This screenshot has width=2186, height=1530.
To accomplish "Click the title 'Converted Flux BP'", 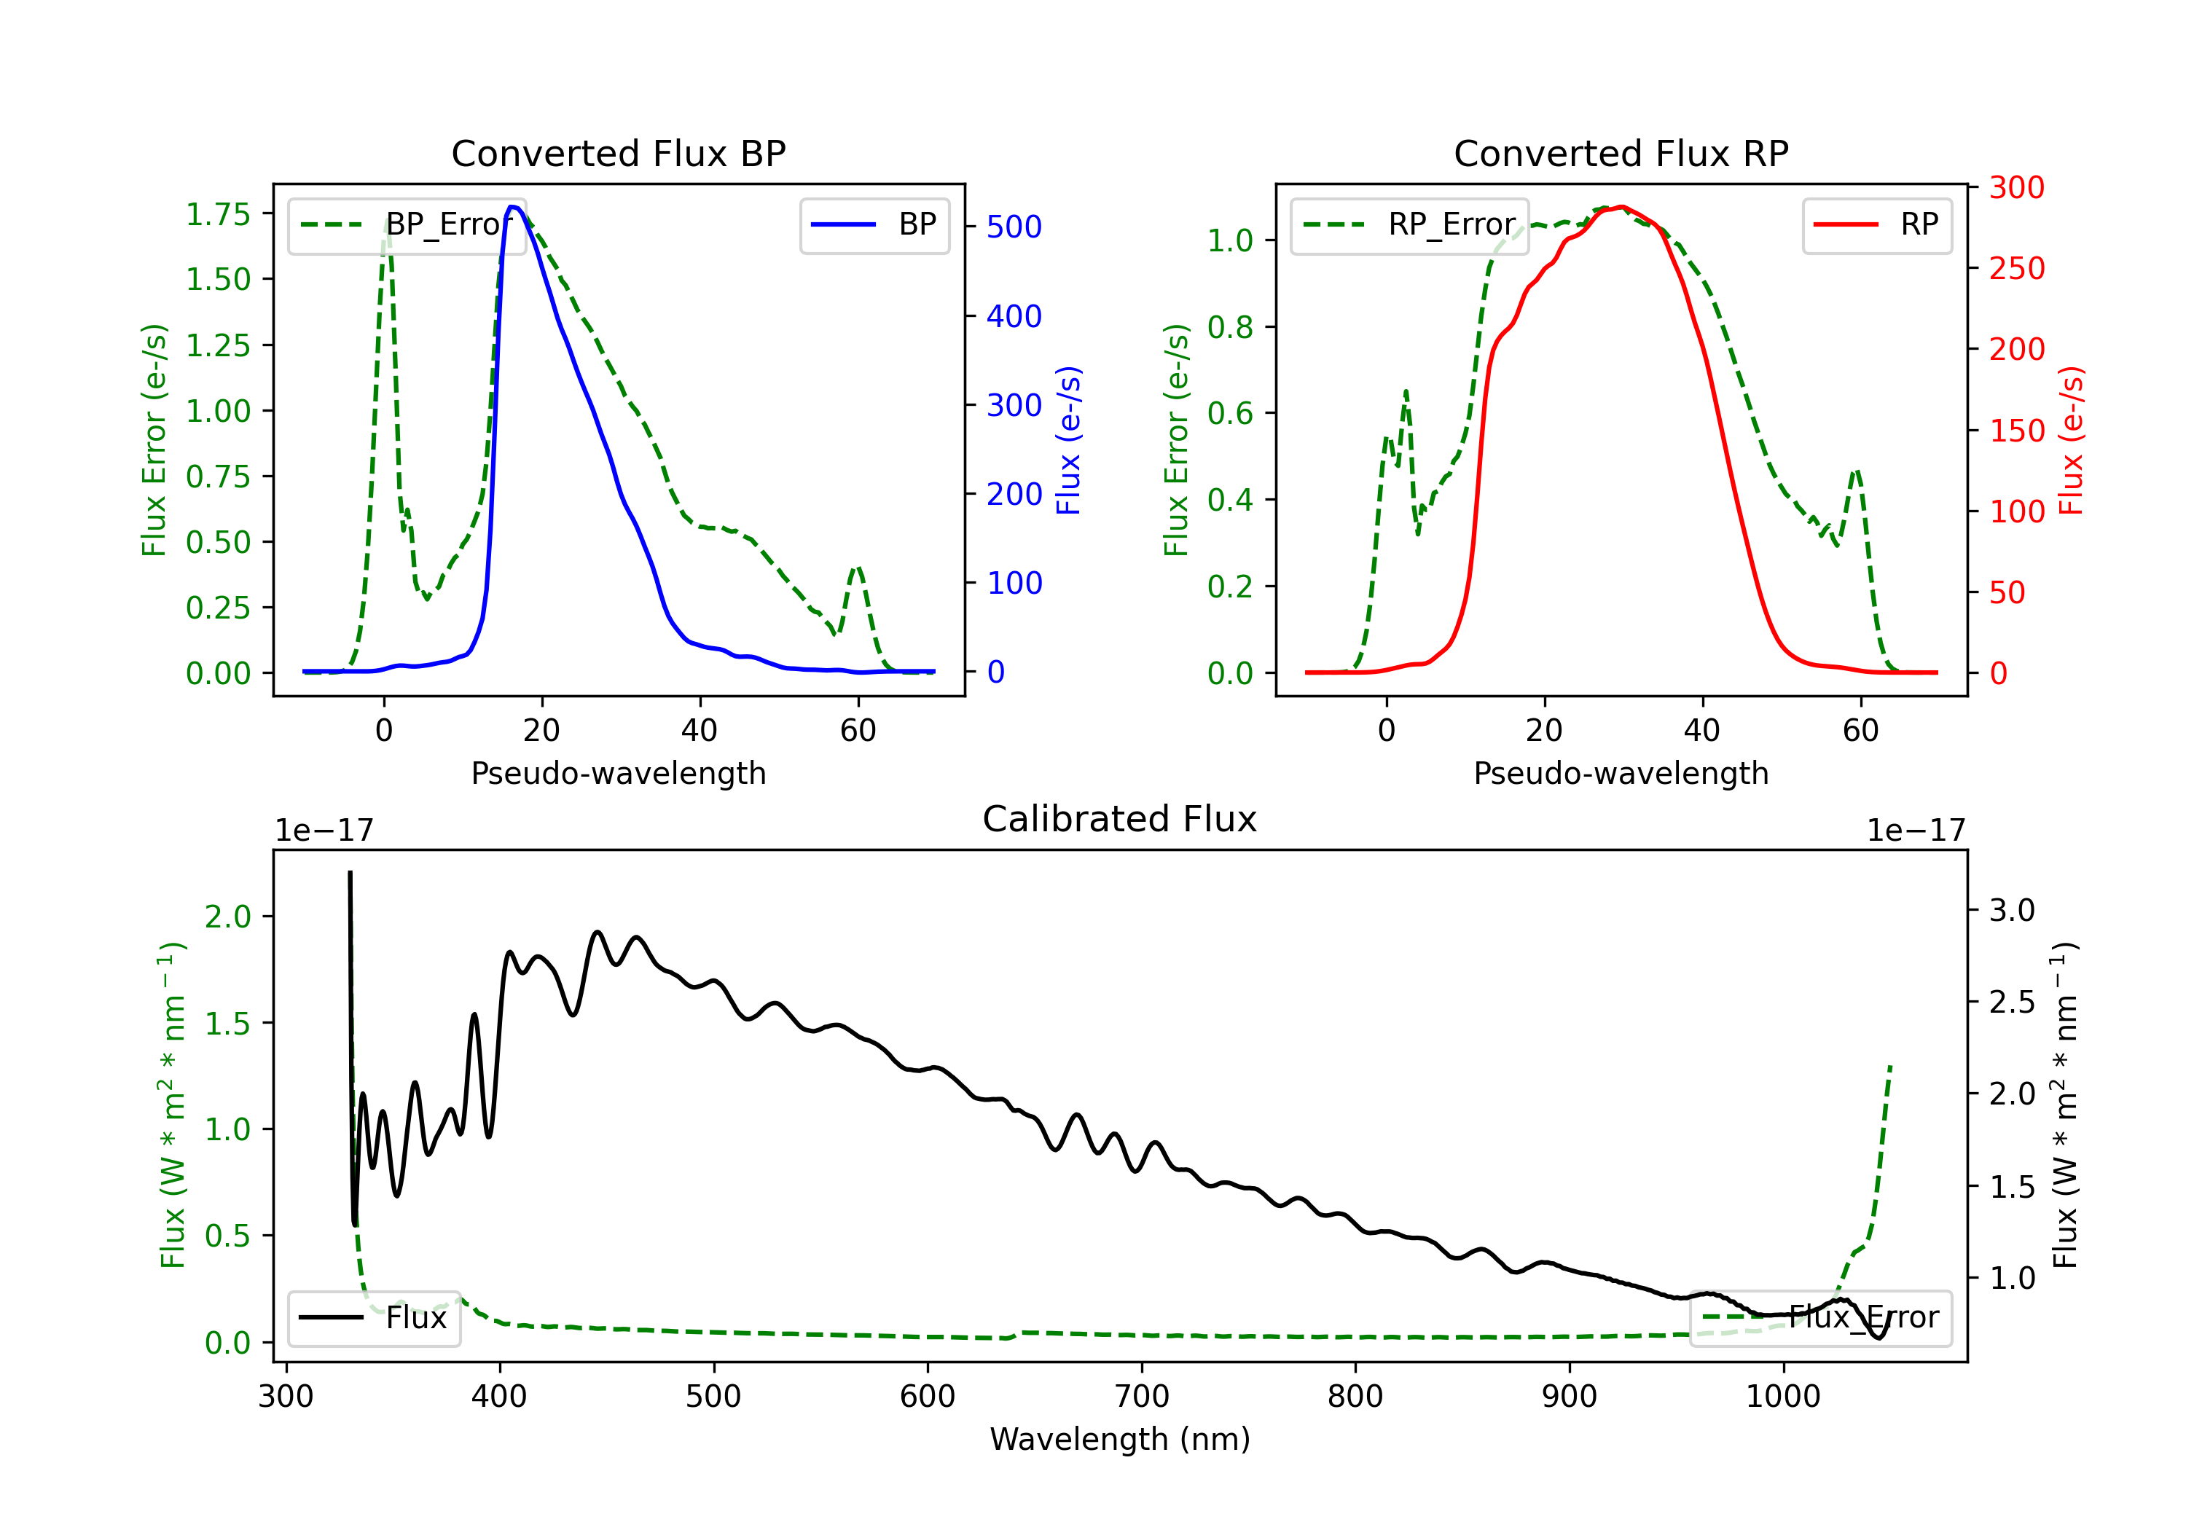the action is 618,153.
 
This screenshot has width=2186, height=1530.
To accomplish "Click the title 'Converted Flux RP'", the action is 1621,153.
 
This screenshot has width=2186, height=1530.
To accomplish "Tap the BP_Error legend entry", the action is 407,224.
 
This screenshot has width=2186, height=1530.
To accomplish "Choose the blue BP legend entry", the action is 874,224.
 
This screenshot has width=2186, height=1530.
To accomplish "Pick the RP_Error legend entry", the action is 1409,224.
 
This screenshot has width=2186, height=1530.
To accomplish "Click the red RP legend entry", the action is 1876,224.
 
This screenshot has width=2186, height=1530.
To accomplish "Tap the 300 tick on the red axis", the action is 2016,187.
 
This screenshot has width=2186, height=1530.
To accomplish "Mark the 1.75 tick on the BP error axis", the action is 218,214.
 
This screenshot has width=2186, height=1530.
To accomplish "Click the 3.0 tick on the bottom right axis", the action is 2011,910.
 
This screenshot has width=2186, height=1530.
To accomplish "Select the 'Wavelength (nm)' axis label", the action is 1120,1439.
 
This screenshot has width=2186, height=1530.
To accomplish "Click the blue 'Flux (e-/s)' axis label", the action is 1069,440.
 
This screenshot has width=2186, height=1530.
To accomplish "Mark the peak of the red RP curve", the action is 1621,207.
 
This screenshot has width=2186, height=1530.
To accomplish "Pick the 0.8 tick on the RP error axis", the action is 1229,328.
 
